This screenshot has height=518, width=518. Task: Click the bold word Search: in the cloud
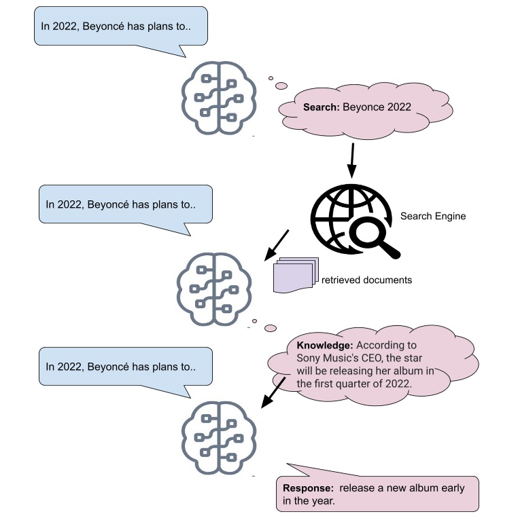coord(321,107)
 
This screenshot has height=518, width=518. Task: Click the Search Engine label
coord(433,216)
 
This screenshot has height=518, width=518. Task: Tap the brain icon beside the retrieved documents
coord(214,291)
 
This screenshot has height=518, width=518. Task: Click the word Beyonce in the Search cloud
coord(362,107)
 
